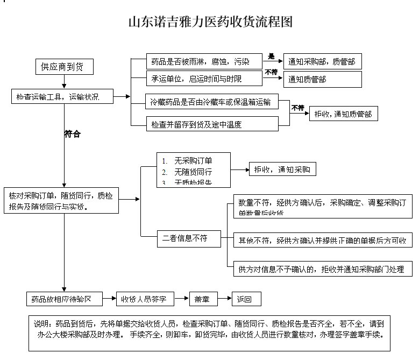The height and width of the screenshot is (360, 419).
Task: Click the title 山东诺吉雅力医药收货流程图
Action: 210,22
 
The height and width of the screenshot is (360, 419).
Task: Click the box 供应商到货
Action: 62,66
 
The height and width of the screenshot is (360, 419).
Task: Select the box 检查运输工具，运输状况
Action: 64,97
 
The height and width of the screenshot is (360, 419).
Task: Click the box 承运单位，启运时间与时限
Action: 200,79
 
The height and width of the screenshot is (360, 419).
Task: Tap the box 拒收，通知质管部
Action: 343,114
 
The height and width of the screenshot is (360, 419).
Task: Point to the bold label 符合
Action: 72,134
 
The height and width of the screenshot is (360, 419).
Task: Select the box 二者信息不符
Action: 188,238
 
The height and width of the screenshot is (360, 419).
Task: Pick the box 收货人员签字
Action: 139,299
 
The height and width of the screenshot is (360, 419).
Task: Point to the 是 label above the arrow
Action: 271,56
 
